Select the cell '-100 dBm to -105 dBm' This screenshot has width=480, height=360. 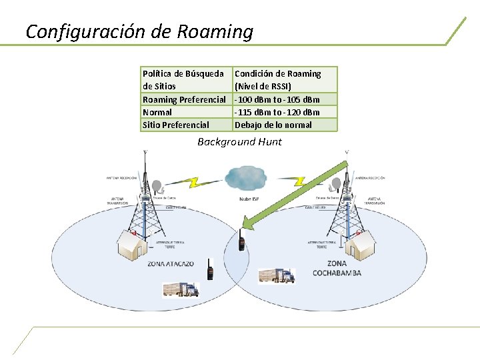(277, 99)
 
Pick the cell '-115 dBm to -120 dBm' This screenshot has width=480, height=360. (277, 112)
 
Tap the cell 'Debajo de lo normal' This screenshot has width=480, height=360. (273, 125)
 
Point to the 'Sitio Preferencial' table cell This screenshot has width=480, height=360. (176, 125)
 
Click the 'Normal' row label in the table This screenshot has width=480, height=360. (157, 112)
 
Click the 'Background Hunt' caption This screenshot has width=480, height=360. (239, 142)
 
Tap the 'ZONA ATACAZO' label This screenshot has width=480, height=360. (171, 263)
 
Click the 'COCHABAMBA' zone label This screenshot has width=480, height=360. (337, 274)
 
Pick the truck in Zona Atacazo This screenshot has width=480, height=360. (181, 288)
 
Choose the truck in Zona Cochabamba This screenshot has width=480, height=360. (277, 275)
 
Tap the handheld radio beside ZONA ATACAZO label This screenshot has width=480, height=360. (209, 269)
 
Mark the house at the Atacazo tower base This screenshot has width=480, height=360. (132, 245)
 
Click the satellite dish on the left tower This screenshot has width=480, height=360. (157, 186)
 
